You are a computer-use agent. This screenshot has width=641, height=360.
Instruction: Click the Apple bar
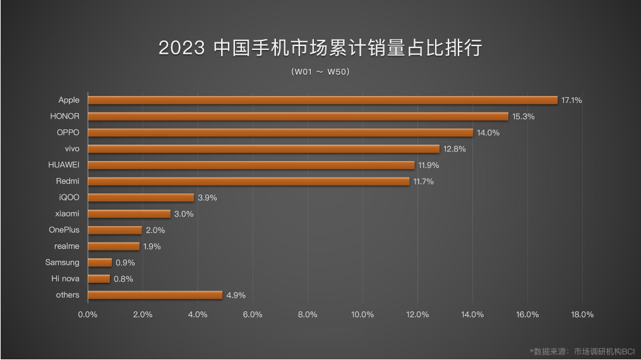coord(322,100)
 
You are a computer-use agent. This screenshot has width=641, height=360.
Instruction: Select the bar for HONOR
coord(297,116)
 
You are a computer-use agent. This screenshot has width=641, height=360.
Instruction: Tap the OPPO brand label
coord(68,133)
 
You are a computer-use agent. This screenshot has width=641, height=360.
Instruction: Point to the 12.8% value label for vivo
coord(453,149)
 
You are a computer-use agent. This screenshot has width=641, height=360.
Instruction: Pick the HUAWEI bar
coord(251,165)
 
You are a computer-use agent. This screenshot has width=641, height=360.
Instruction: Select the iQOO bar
coord(141,198)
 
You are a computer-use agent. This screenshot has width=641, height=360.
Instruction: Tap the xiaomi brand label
coord(67,213)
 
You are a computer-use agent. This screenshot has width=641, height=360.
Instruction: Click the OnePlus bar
coord(115,230)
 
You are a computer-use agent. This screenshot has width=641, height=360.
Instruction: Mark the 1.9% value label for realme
coord(152,246)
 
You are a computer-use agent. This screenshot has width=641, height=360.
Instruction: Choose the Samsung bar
coord(100,263)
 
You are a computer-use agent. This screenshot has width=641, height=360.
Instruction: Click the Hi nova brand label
coord(66,279)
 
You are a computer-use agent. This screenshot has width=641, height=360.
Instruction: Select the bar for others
coord(155,295)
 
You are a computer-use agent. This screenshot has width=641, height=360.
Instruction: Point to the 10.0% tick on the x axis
coord(362,315)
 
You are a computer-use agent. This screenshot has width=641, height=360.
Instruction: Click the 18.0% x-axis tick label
coord(582,315)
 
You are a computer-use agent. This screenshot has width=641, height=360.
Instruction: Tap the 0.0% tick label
coord(88,315)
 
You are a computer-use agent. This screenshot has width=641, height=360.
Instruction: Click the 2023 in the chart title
coord(182,49)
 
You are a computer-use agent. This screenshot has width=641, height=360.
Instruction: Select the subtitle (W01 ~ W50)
coord(321,72)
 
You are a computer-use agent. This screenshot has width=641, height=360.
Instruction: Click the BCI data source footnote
coord(582,351)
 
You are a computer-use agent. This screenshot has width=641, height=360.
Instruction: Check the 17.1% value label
coord(572,100)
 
